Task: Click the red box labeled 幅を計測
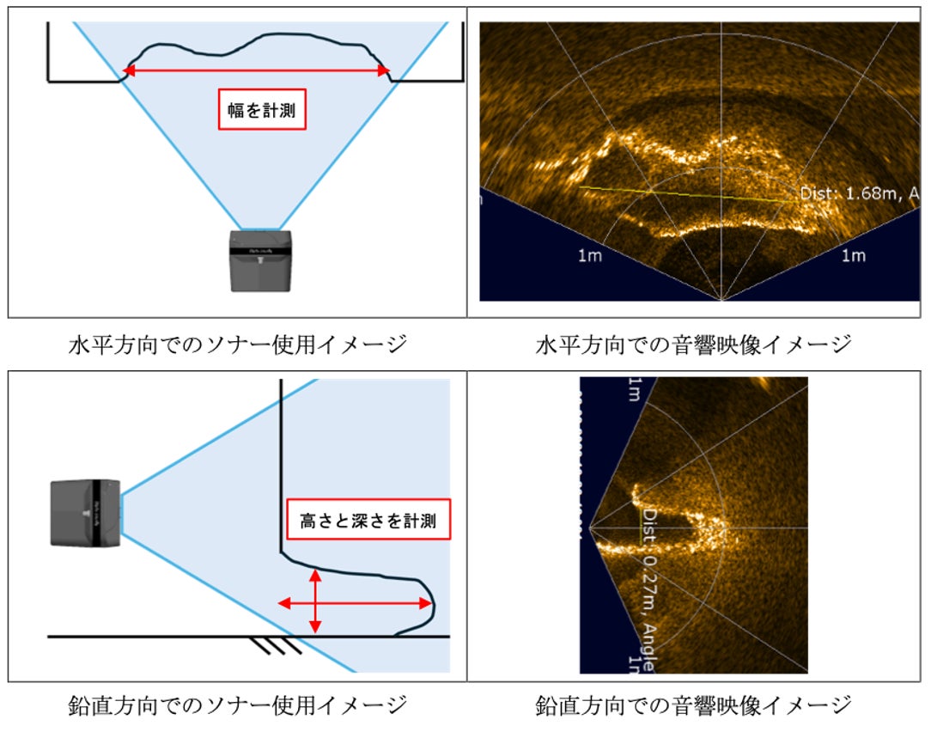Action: coord(262,109)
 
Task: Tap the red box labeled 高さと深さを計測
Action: coord(368,520)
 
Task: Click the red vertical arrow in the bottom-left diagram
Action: coord(316,601)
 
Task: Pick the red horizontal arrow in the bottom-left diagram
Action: coord(355,603)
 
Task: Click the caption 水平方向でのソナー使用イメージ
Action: coord(237,345)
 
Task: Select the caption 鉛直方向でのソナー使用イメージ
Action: coord(237,706)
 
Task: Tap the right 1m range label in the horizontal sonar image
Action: coord(853,256)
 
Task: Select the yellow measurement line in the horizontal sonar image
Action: coord(683,193)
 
